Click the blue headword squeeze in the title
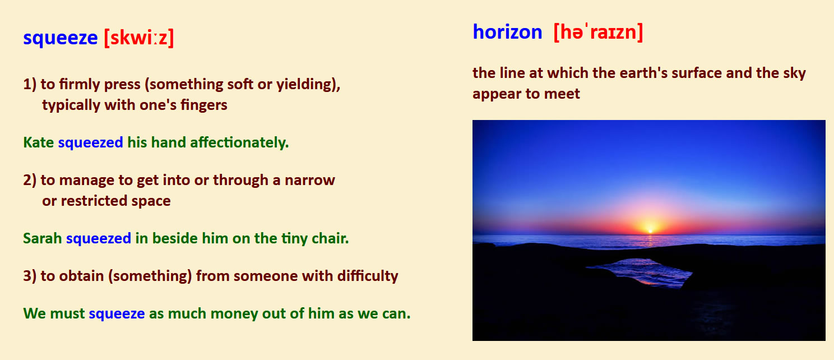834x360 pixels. [x=61, y=38]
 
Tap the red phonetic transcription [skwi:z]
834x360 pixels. [x=139, y=38]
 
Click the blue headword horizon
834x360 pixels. [x=507, y=32]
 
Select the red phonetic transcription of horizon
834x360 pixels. [x=599, y=33]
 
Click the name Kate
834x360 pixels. [x=38, y=142]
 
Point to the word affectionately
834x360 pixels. [x=239, y=142]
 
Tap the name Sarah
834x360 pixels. [x=43, y=238]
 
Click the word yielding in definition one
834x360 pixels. [x=308, y=85]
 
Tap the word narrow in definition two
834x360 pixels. [x=310, y=181]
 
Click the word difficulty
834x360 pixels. [x=368, y=276]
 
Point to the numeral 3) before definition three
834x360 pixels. [x=30, y=276]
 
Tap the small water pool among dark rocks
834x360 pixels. [x=640, y=273]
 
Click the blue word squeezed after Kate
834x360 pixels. [x=90, y=143]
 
